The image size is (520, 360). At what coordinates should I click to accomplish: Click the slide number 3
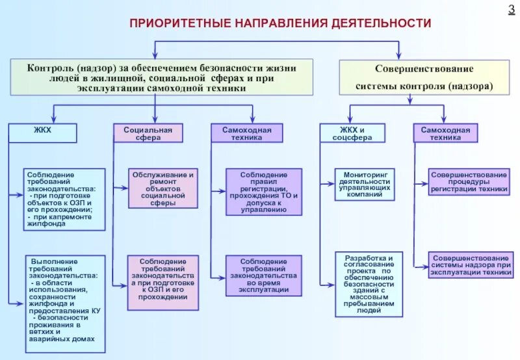click(x=510, y=9)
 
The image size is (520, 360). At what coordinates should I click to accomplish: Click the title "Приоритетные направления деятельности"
click(x=280, y=23)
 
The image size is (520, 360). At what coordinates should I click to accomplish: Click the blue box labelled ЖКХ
click(x=42, y=133)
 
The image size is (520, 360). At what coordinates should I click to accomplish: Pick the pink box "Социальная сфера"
click(x=148, y=133)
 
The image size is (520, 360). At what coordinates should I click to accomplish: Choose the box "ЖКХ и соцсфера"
click(x=352, y=133)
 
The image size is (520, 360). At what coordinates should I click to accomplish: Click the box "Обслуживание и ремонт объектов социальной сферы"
click(x=163, y=188)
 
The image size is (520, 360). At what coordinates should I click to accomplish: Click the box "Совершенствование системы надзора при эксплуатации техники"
click(x=469, y=265)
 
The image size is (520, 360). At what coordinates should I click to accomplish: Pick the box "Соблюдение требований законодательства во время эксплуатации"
click(x=263, y=275)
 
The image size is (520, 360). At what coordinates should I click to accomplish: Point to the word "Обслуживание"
click(x=160, y=175)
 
